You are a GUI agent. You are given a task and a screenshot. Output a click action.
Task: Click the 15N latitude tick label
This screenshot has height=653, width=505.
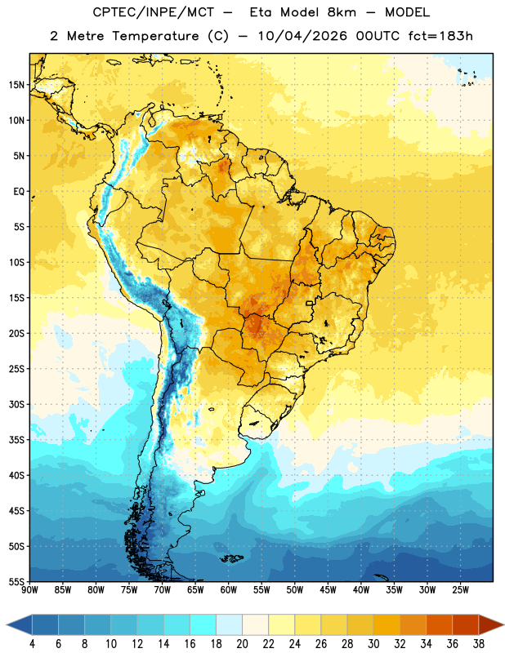tap(16, 85)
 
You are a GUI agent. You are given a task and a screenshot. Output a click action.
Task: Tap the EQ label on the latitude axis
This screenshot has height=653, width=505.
tap(19, 192)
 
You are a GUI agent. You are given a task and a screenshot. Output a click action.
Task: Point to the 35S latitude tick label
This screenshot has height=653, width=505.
tap(16, 440)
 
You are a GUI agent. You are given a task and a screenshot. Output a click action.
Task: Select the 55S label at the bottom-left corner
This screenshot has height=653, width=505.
tap(16, 581)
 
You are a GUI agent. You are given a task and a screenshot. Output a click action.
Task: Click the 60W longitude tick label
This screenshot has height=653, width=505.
tap(229, 590)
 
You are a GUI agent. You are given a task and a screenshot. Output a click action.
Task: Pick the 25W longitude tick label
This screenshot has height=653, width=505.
tap(460, 590)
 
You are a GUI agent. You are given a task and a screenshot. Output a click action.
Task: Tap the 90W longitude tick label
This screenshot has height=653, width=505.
tap(30, 590)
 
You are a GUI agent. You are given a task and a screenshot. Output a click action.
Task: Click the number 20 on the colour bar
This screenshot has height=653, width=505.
tap(242, 644)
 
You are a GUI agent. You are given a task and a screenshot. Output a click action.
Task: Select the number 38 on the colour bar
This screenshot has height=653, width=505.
tap(478, 644)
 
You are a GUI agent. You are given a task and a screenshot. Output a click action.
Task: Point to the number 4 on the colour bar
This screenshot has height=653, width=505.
tap(32, 644)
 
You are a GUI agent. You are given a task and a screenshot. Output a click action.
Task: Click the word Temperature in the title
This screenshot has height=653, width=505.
tap(155, 36)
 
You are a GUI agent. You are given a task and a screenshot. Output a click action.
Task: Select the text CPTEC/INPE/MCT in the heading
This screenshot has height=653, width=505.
tap(153, 12)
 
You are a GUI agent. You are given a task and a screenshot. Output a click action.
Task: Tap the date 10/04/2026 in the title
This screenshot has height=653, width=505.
tap(302, 36)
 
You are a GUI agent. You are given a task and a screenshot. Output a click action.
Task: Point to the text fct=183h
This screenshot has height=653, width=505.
tap(440, 36)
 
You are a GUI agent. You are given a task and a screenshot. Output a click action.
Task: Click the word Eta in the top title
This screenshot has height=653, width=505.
tap(261, 12)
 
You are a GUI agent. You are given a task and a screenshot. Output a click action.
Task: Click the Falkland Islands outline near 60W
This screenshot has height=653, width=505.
tap(230, 558)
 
